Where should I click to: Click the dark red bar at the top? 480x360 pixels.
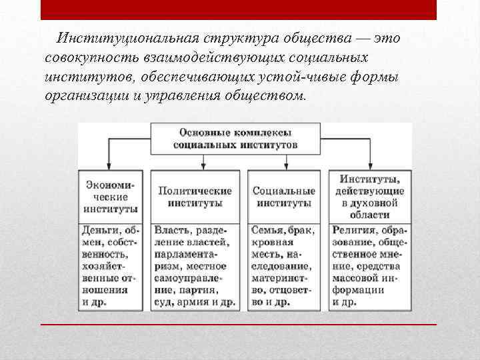tap(238, 10)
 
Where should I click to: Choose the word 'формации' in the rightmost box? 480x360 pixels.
tap(358, 290)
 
